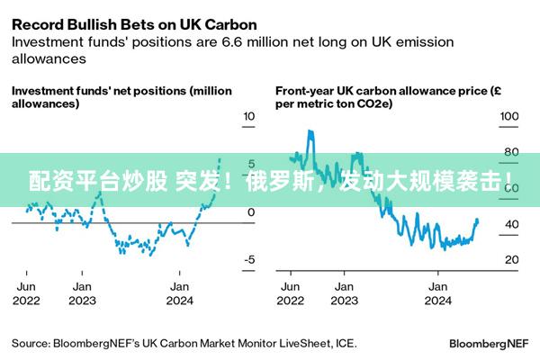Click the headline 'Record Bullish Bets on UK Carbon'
coord(133,23)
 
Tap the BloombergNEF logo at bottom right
coord(489,344)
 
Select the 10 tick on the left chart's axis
coord(249,117)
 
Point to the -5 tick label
coord(249,260)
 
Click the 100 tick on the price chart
coord(509,117)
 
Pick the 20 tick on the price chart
coord(509,260)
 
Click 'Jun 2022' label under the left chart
coord(27,293)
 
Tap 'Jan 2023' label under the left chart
coord(81,293)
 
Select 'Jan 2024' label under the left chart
coord(179,293)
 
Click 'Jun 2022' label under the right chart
coord(291,293)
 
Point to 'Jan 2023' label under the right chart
coord(344,293)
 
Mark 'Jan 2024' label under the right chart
coord(437,293)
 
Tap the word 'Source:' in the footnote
coord(31,343)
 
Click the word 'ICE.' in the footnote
coord(344,343)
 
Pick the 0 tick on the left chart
coord(251,212)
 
